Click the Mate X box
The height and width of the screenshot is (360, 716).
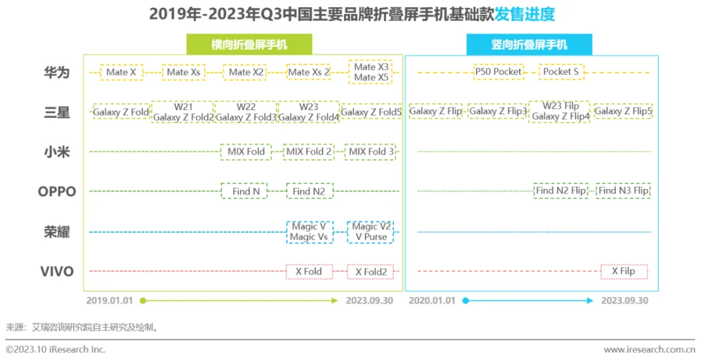pyautogui.click(x=121, y=72)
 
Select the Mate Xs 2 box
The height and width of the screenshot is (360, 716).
pyautogui.click(x=309, y=72)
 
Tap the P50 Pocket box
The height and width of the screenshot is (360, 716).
pyautogui.click(x=498, y=72)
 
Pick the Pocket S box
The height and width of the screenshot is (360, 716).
pyautogui.click(x=561, y=72)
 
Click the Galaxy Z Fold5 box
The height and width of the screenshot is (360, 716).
pyautogui.click(x=371, y=112)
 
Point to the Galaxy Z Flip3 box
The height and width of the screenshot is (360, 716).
pyautogui.click(x=498, y=111)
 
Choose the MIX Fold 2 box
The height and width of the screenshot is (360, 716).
pyautogui.click(x=309, y=152)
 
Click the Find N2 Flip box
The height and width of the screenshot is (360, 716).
pyautogui.click(x=561, y=191)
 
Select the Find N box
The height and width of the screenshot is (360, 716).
pyautogui.click(x=241, y=192)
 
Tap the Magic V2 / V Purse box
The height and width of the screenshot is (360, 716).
pyautogui.click(x=371, y=231)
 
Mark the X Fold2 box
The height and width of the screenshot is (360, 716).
pyautogui.click(x=371, y=271)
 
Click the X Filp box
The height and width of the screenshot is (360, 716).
pyautogui.click(x=623, y=271)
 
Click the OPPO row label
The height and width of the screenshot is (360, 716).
pyautogui.click(x=57, y=192)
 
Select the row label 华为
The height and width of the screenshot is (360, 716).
pyautogui.click(x=57, y=72)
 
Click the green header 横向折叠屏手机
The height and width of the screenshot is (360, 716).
pyautogui.click(x=249, y=45)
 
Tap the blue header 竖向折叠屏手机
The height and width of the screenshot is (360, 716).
pyautogui.click(x=529, y=45)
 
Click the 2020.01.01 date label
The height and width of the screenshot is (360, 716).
pyautogui.click(x=432, y=300)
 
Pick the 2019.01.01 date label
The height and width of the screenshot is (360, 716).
pyautogui.click(x=109, y=300)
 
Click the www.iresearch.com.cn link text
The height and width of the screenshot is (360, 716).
pyautogui.click(x=649, y=349)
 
